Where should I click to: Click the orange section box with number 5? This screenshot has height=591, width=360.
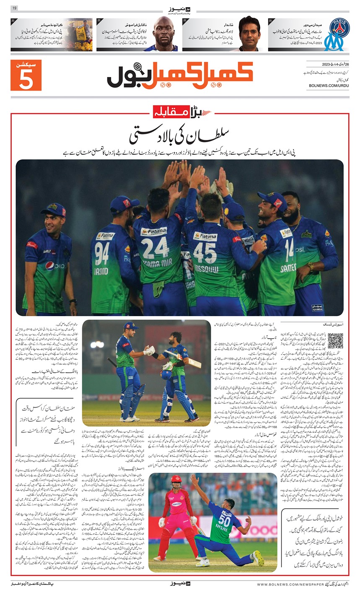[26, 76]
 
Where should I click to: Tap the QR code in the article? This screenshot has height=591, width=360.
[335, 340]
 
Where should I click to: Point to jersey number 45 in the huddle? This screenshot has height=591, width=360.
[205, 252]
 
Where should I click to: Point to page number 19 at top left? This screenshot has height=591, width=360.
[15, 8]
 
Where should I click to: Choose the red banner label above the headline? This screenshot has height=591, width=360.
[181, 112]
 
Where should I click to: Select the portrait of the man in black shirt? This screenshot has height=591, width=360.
[250, 34]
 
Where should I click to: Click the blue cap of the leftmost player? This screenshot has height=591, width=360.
[54, 209]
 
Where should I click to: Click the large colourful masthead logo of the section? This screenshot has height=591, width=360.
[180, 75]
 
